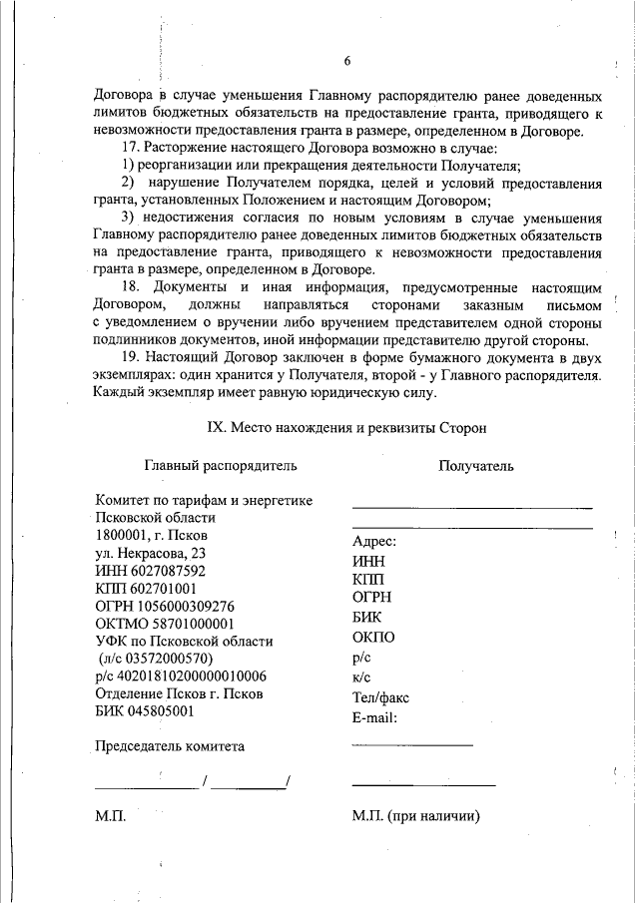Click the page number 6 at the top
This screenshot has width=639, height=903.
(x=347, y=61)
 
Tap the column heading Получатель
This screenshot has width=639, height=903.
(x=475, y=465)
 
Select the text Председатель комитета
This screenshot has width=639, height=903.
(x=169, y=745)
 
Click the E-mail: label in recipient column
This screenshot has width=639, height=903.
(x=375, y=716)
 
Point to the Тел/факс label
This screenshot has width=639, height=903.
(x=380, y=697)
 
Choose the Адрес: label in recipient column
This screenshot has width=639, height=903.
(x=374, y=541)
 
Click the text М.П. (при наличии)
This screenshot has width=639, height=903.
(x=416, y=816)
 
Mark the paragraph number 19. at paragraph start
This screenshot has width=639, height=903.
(x=131, y=356)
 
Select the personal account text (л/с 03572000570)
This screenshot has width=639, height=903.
(x=155, y=659)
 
